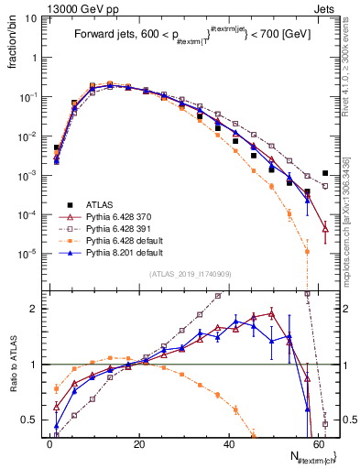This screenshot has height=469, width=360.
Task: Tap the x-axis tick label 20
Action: pos(138,443)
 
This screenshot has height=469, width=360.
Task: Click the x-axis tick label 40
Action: pos(228,443)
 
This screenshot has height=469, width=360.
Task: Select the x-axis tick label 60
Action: pos(317,443)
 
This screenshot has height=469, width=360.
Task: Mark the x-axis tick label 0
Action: pos(49,443)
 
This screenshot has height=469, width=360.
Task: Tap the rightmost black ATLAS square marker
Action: pos(325,173)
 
